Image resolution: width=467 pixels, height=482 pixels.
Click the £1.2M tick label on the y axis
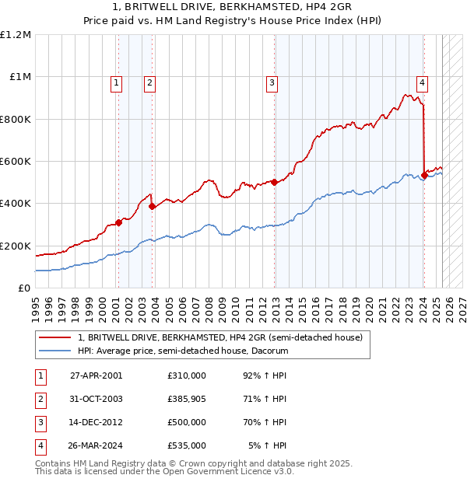pyautogui.click(x=16, y=35)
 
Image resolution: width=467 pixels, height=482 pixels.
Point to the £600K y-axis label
pyautogui.click(x=16, y=162)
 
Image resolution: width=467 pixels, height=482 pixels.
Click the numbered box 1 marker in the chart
pyautogui.click(x=116, y=82)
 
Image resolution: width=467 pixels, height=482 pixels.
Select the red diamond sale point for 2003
pyautogui.click(x=153, y=207)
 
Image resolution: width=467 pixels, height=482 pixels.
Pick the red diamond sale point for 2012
pyautogui.click(x=275, y=183)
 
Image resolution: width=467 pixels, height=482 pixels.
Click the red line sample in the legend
pyautogui.click(x=55, y=338)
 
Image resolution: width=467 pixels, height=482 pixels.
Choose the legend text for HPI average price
pyautogui.click(x=183, y=351)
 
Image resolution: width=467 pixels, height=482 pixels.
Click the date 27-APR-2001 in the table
pyautogui.click(x=97, y=375)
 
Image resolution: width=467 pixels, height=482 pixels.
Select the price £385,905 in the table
pyautogui.click(x=187, y=399)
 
